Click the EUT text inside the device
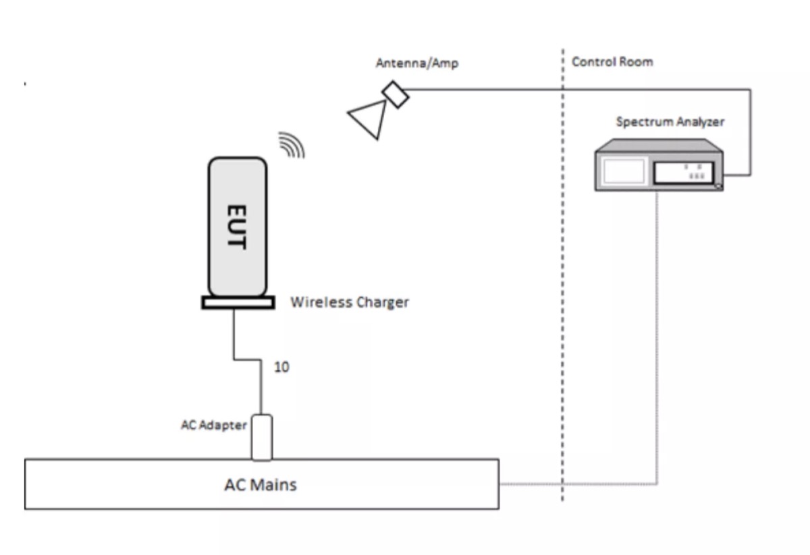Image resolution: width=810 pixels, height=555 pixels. point(237,227)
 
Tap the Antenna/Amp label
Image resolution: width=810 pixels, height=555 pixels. point(417,63)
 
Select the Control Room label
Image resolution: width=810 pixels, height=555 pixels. point(612,62)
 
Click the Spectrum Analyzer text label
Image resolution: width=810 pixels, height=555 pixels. point(670,122)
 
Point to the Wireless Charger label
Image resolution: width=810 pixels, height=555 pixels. point(350,302)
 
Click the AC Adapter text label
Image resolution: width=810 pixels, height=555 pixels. point(214,425)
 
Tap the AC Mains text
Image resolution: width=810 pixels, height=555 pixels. point(261,485)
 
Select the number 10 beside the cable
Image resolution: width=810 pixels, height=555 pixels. point(281,367)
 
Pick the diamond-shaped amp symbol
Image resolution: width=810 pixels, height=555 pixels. point(396,94)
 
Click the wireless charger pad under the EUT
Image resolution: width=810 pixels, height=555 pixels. point(238,303)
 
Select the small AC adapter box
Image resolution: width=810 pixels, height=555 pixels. point(262,437)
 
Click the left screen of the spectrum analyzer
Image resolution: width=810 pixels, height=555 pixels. point(624,171)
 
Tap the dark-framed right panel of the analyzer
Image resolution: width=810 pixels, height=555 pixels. point(683,173)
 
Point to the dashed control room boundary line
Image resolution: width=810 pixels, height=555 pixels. point(563,274)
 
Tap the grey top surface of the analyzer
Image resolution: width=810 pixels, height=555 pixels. point(659,146)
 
